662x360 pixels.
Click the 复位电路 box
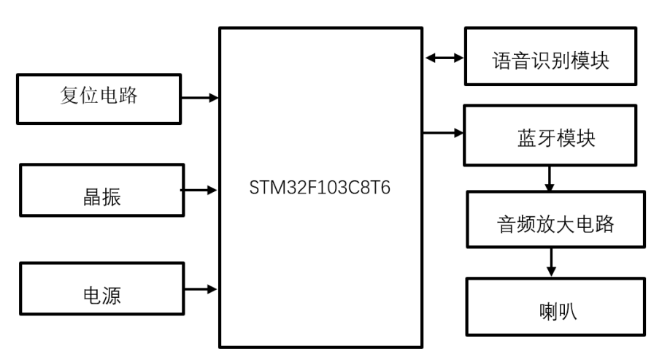tap(99, 97)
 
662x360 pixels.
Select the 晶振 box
tap(99, 190)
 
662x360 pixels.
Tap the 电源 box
tap(99, 288)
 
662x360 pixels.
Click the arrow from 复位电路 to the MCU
tap(199, 97)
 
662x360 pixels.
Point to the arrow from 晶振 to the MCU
tap(199, 190)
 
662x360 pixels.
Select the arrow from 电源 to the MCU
tap(199, 288)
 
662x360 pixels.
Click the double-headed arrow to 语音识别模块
tap(443, 57)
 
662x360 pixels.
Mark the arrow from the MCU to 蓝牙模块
tap(443, 133)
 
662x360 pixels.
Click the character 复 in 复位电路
tap(69, 96)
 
